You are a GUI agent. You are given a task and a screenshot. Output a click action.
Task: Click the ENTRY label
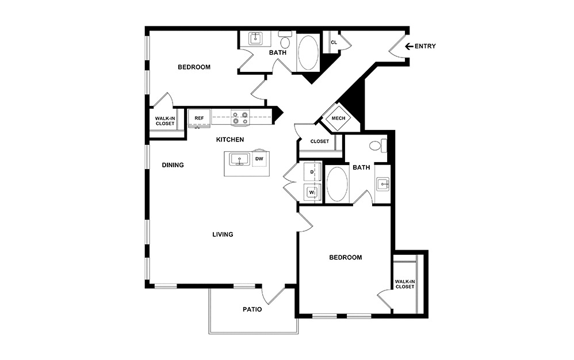point(425,47)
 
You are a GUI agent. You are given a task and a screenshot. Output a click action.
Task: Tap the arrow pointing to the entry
point(409,47)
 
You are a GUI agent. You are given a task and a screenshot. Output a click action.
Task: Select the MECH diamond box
point(338,119)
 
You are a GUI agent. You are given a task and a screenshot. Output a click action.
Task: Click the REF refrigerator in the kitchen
point(199,118)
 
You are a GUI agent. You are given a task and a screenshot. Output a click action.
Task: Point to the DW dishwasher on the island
point(259,158)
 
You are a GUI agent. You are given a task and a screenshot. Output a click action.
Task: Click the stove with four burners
point(240,118)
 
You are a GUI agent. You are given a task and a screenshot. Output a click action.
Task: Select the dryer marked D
point(312,172)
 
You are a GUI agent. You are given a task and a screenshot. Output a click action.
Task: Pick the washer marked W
point(312,192)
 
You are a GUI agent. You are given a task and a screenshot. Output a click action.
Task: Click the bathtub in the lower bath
point(337,184)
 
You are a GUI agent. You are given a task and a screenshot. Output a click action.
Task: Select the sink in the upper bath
point(255,39)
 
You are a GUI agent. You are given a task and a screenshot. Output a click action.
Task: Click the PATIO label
point(252,309)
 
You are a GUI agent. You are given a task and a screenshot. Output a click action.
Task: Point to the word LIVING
point(222,235)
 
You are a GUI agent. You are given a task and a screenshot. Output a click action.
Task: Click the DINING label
point(173,166)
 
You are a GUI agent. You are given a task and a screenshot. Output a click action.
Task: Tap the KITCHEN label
point(230,140)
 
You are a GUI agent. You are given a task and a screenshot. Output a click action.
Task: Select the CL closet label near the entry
point(334,42)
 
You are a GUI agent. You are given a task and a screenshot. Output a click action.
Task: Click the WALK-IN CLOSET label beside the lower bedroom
point(404,284)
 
